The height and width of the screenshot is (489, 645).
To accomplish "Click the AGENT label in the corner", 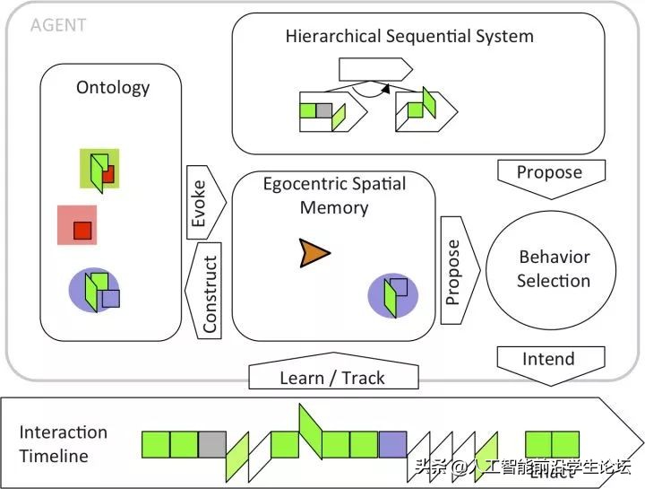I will [x=58, y=25].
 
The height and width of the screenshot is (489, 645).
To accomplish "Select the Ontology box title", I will [x=113, y=88].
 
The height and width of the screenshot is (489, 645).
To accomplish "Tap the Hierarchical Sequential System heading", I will [x=409, y=37].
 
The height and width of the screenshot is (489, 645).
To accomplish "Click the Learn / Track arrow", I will [x=333, y=377].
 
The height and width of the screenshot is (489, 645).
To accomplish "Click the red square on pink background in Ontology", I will [x=82, y=231].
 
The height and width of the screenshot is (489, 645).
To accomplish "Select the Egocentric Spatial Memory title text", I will [x=334, y=196].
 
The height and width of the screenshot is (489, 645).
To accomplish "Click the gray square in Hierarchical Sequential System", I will [x=324, y=111].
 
